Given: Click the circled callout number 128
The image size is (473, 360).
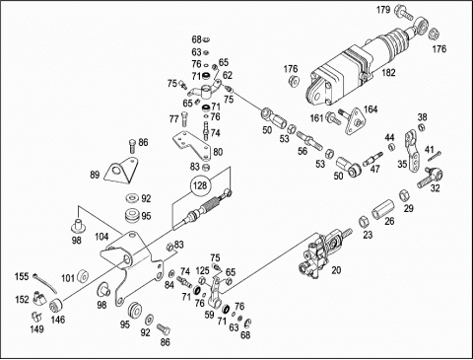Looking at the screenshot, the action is [200, 185].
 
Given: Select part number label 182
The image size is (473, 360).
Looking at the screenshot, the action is [388, 73].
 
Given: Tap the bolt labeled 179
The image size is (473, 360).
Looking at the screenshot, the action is [404, 12].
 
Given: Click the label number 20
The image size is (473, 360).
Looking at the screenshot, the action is [336, 270].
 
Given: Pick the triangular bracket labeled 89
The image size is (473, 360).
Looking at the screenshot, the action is [121, 170].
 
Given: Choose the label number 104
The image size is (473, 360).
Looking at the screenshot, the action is [101, 237].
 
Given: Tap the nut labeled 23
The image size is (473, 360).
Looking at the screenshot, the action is [363, 222].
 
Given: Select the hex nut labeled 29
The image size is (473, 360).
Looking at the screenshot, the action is [404, 195].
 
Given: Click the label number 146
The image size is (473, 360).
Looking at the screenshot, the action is [58, 320].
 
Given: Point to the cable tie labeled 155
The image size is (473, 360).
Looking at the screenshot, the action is [45, 283].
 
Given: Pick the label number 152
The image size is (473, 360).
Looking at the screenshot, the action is [22, 299].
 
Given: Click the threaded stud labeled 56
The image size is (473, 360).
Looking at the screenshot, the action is [307, 139].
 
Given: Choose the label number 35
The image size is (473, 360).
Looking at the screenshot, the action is [402, 164].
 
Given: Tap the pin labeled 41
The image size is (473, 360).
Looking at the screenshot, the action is [435, 156].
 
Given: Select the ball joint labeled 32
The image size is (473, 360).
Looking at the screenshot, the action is [431, 178].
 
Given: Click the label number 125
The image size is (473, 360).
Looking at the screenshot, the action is [203, 270].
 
